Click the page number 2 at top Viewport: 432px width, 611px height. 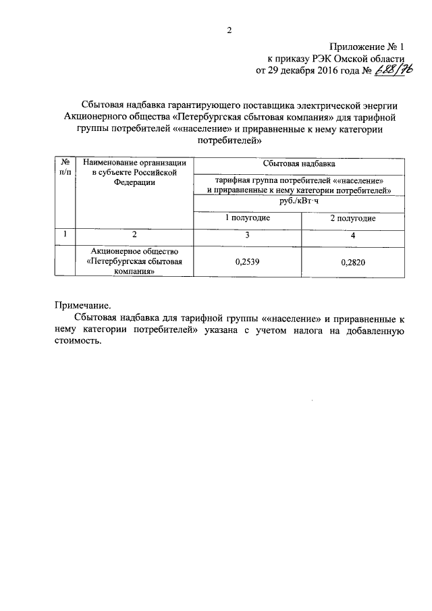(229, 30)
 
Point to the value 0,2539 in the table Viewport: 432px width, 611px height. (247, 264)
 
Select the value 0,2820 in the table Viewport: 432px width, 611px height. (352, 264)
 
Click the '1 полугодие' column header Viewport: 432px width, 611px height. (248, 219)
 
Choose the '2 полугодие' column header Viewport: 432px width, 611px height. (352, 219)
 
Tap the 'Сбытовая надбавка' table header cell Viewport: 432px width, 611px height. (299, 163)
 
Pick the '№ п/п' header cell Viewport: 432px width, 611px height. (65, 167)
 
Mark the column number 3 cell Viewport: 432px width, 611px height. (247, 234)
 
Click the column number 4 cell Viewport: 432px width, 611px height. (352, 234)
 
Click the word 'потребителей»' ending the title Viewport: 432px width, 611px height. (228, 140)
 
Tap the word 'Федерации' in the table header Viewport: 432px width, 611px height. (134, 182)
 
